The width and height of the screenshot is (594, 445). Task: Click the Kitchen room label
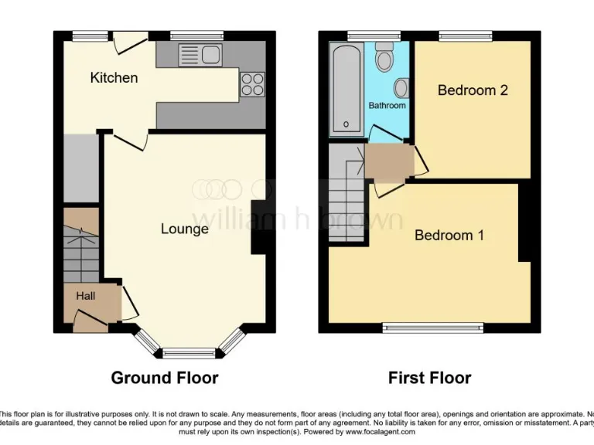tap(114, 78)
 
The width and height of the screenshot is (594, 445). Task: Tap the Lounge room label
tap(184, 229)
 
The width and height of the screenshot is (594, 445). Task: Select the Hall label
tap(85, 296)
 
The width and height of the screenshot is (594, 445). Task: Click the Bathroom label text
tap(387, 105)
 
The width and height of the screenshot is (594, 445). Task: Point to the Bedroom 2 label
tap(473, 90)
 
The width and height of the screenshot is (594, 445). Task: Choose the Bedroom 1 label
tap(449, 236)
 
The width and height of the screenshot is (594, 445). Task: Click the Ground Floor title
tap(164, 378)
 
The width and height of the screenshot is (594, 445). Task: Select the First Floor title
tap(429, 378)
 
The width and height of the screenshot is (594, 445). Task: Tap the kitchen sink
tap(200, 54)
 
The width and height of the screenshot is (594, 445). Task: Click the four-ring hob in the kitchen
tap(252, 83)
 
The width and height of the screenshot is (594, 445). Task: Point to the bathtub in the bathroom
tap(346, 89)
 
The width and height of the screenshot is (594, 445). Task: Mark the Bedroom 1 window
tap(433, 328)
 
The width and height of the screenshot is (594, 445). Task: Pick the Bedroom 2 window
tap(466, 36)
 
